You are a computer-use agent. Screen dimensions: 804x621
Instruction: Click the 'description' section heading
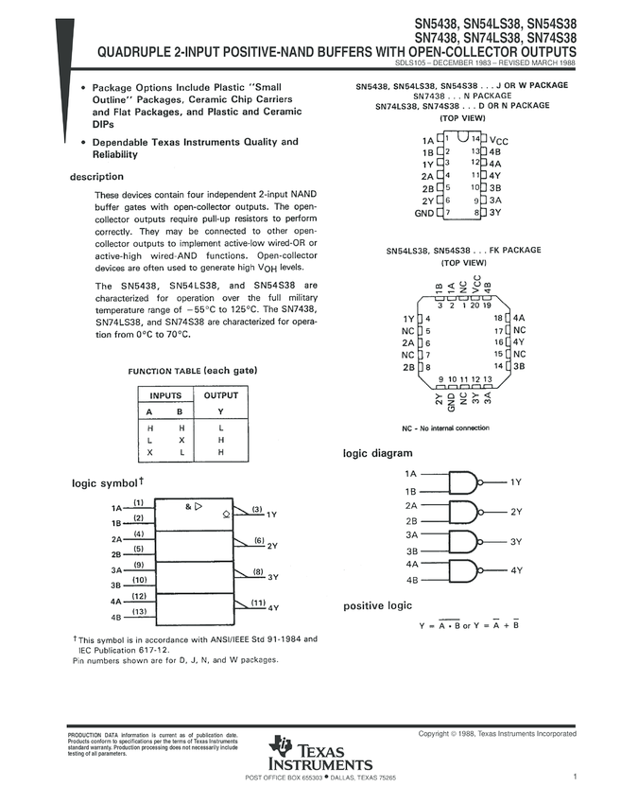coord(96,177)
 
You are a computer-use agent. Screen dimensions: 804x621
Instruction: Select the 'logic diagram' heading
coord(377,454)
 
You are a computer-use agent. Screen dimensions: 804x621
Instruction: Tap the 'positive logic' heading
coord(377,605)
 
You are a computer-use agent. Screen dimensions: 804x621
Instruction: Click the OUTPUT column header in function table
coord(221,395)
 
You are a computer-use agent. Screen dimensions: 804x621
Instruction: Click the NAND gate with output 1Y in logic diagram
coord(465,482)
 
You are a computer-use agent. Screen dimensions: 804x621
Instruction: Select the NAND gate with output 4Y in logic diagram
coord(465,570)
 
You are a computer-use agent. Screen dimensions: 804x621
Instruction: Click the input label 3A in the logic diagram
coord(411,534)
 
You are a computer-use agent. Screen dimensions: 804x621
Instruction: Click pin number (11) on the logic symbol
coord(257,603)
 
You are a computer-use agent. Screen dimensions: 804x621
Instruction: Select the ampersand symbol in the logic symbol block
coord(189,507)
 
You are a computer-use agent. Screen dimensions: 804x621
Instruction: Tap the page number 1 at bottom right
coord(575,777)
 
